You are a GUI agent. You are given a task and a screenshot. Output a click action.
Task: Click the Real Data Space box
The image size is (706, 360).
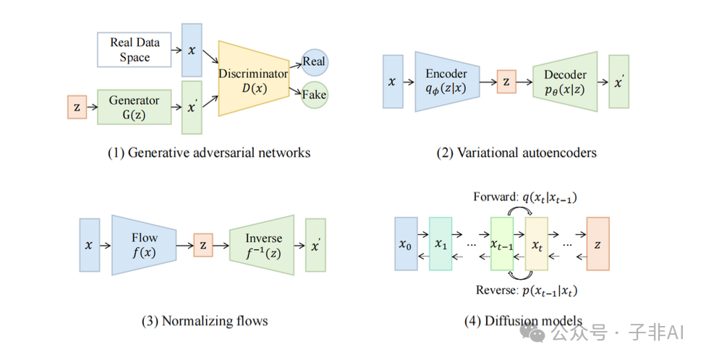coord(135,50)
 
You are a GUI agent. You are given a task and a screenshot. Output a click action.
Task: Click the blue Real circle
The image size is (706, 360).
coord(314,61)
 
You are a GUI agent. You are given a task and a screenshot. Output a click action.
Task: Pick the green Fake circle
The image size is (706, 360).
coord(314,95)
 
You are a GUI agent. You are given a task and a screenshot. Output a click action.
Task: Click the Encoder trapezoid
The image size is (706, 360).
coord(446,81)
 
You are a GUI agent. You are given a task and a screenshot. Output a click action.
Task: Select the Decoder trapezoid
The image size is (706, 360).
coord(565,81)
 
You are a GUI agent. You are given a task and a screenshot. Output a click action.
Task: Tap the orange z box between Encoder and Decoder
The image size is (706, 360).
coord(506,82)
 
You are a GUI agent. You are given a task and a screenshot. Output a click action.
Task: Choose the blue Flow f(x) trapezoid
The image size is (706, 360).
coord(143,246)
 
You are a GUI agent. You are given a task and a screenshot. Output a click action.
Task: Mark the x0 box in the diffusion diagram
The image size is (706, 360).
coord(406,244)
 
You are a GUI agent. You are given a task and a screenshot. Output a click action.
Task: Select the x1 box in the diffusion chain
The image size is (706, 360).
coord(441,244)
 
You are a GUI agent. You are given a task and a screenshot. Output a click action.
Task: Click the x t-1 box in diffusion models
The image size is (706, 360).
coord(501,244)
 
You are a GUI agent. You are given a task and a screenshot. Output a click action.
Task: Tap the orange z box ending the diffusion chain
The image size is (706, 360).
coord(597,244)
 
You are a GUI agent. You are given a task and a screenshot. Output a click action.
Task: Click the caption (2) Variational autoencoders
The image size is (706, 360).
coord(516,153)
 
